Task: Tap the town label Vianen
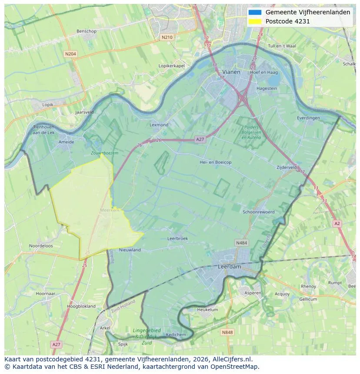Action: tap(231, 72)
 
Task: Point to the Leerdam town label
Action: tap(229, 267)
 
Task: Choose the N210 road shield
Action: tap(167, 37)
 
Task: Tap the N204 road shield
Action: tap(70, 54)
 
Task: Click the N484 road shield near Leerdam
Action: tap(241, 243)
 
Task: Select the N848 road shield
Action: tap(227, 332)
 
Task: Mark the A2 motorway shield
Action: tap(337, 223)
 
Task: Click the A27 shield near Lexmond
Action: tap(200, 139)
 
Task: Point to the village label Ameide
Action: tap(66, 142)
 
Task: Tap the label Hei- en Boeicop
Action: tap(215, 162)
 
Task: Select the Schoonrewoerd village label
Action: tap(259, 212)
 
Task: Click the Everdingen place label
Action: tap(308, 118)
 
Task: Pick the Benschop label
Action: tap(87, 31)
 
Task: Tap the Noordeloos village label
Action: tap(41, 246)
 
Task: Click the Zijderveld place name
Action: tap(287, 167)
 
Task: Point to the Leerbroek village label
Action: tap(177, 238)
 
